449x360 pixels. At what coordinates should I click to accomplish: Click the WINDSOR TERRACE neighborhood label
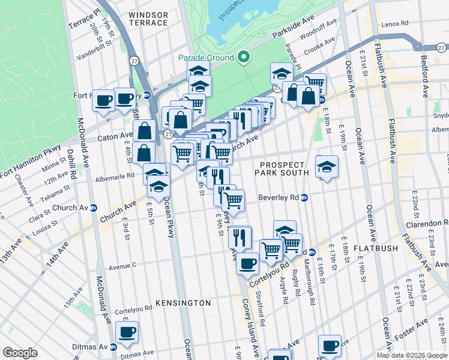148,18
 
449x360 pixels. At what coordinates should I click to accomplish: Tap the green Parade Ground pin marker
244,57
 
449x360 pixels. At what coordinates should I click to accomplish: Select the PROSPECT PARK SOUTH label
285,168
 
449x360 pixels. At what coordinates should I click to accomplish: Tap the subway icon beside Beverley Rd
304,197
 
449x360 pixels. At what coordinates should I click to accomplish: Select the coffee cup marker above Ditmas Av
127,333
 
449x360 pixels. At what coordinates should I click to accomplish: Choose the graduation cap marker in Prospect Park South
327,167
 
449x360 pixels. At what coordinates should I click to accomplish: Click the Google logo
20,353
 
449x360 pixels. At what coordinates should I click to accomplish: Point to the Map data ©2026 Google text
412,355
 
